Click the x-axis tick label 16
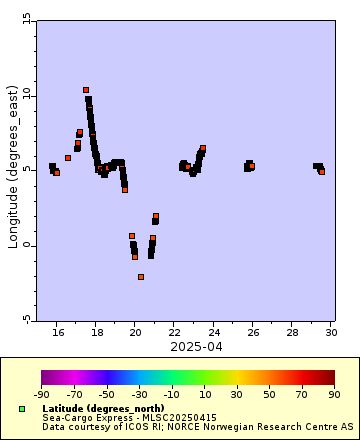58,332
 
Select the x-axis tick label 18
97,332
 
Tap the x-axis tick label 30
330,332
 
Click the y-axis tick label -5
26,319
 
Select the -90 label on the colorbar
42,395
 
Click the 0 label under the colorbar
188,395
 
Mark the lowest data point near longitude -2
141,277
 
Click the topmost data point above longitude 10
86,90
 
